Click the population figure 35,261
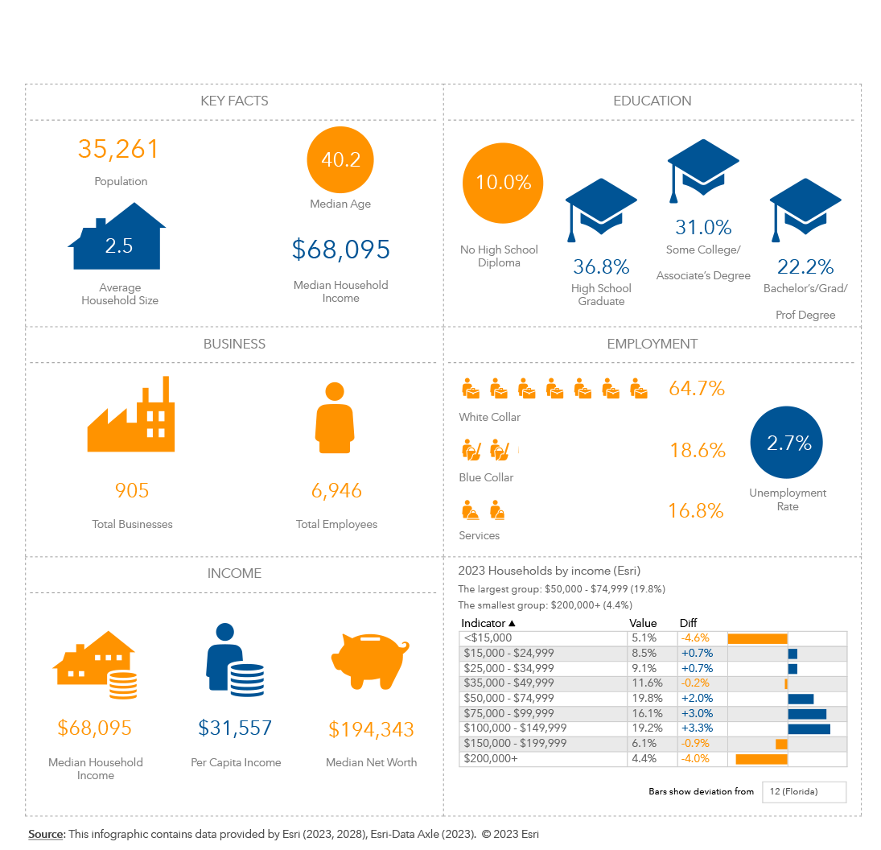[x=118, y=149]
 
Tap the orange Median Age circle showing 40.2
[x=340, y=160]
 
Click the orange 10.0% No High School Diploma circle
[x=503, y=183]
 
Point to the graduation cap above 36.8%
[x=601, y=208]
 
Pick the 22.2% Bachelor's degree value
[x=805, y=266]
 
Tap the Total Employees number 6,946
[x=336, y=490]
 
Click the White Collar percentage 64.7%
[x=697, y=389]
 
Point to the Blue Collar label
[x=486, y=477]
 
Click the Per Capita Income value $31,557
[x=235, y=728]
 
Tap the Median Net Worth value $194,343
[x=371, y=729]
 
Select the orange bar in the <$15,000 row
[x=757, y=638]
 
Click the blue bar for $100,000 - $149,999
[x=809, y=728]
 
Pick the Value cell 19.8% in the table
[x=644, y=698]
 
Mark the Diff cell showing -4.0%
[x=694, y=758]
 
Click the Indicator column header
[x=488, y=623]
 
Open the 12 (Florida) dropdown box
[x=805, y=792]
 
